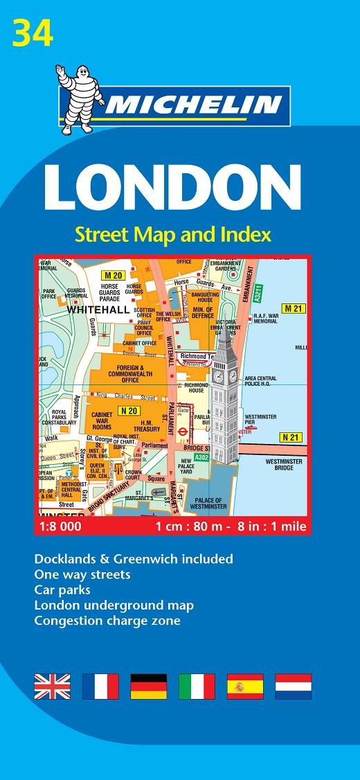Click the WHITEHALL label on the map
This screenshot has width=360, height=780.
click(98, 310)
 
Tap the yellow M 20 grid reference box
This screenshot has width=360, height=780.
click(118, 275)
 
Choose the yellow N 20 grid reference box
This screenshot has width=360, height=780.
click(127, 410)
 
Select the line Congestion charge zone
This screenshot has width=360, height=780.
click(107, 621)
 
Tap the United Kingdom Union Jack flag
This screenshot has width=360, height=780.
click(52, 686)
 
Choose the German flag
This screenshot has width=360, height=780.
click(149, 686)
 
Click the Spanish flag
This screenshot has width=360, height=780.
click(245, 686)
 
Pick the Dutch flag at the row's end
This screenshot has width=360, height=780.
click(293, 686)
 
